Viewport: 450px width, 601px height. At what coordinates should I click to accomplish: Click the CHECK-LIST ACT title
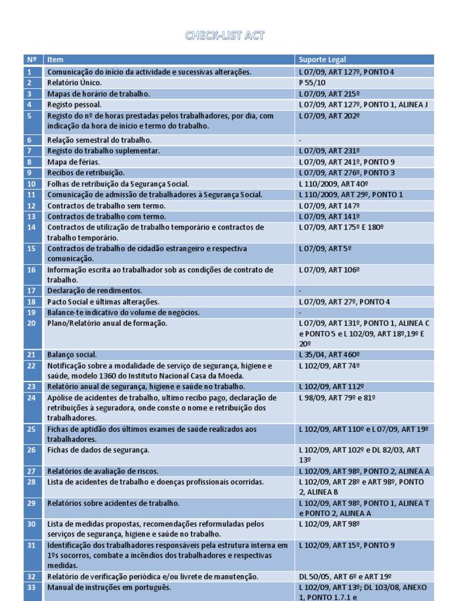(x=225, y=36)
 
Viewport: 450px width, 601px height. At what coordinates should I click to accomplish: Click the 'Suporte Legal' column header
(x=322, y=59)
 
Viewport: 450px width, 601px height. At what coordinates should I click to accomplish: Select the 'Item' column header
(x=56, y=59)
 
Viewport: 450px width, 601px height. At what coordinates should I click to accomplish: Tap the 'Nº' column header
(x=32, y=59)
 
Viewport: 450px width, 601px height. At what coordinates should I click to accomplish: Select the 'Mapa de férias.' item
(x=73, y=161)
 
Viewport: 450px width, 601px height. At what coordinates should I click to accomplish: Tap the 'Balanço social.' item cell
(x=72, y=354)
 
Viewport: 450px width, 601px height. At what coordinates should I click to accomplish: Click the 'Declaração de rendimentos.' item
(x=94, y=291)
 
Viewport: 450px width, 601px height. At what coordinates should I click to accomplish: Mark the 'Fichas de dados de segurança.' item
(x=98, y=450)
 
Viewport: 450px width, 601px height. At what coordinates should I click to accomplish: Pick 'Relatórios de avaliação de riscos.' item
(x=103, y=471)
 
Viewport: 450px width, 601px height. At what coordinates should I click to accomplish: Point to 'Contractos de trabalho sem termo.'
(x=106, y=205)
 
